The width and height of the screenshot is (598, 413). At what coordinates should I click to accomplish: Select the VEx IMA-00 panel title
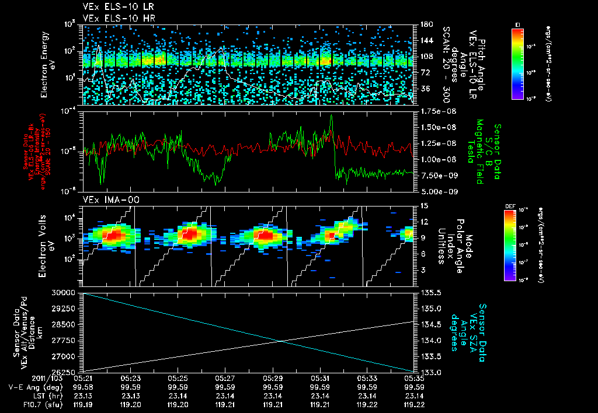click(x=106, y=200)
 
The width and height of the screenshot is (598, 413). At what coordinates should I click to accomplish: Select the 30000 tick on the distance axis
click(x=67, y=292)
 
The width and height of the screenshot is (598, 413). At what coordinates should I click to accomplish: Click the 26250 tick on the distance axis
click(x=67, y=372)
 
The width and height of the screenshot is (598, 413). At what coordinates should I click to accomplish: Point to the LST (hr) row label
click(x=28, y=395)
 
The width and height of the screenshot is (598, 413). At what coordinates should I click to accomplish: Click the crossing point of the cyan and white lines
click(x=282, y=341)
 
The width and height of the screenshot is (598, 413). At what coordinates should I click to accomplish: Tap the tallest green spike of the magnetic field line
click(x=331, y=116)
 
